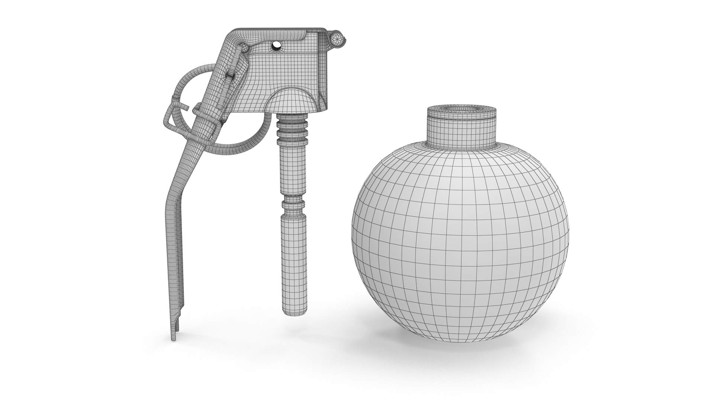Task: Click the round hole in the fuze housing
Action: click(276, 45)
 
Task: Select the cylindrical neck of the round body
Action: click(461, 128)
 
